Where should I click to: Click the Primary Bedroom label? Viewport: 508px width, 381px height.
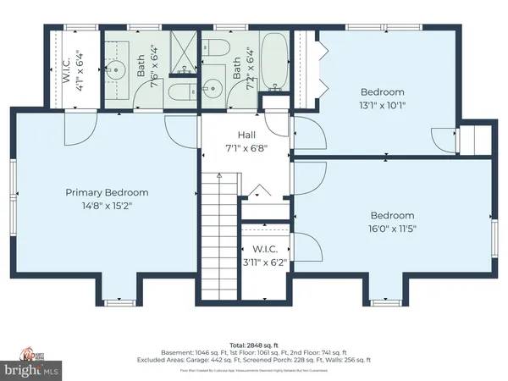(107, 192)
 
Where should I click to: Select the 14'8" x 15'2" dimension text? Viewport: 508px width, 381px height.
(107, 205)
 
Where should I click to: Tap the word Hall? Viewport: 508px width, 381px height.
(246, 135)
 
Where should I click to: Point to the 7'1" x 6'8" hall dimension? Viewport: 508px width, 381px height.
(246, 147)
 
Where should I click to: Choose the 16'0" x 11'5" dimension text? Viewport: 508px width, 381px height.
(391, 228)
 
